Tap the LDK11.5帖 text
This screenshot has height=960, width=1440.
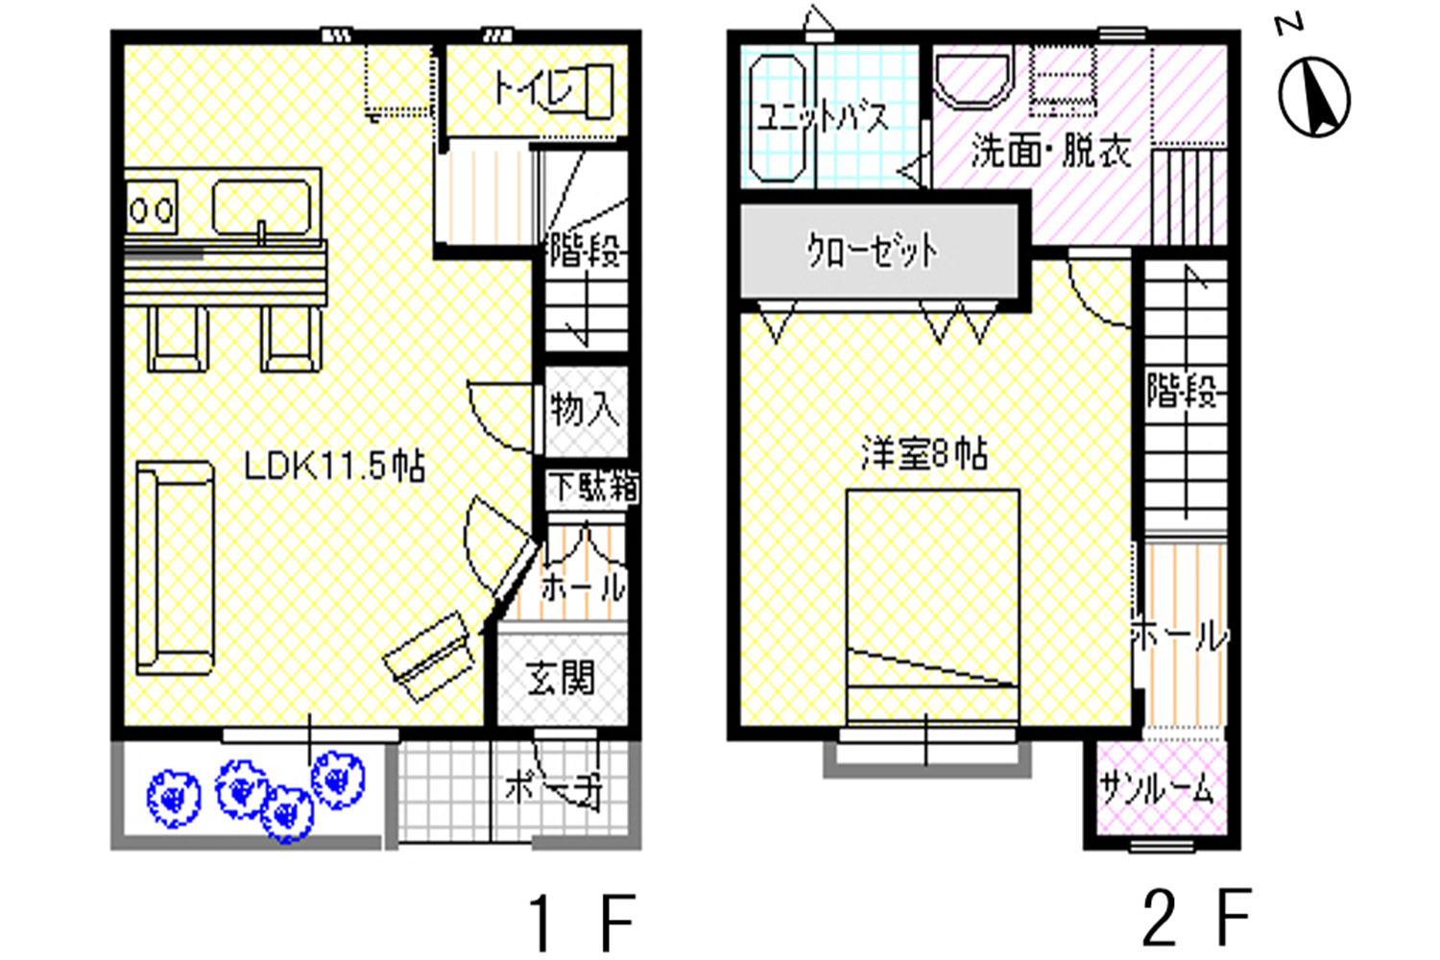pos(334,467)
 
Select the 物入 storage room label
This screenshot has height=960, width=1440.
pos(585,409)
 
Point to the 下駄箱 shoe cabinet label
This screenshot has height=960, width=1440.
pos(595,487)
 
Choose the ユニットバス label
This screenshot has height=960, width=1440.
pos(823,118)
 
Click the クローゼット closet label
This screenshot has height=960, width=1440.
pos(873,251)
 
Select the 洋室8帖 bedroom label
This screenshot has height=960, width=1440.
pos(924,454)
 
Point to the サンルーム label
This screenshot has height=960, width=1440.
pos(1157,788)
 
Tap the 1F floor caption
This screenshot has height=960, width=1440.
pos(582,923)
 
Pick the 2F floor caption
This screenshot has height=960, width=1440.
pos(1197,917)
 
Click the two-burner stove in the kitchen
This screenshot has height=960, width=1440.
pos(152,207)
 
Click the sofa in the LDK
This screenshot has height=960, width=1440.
pos(175,567)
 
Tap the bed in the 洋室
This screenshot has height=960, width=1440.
pos(933,605)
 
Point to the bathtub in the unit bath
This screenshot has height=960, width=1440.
pos(778,119)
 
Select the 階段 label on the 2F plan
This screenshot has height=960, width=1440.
pos(1183,391)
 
